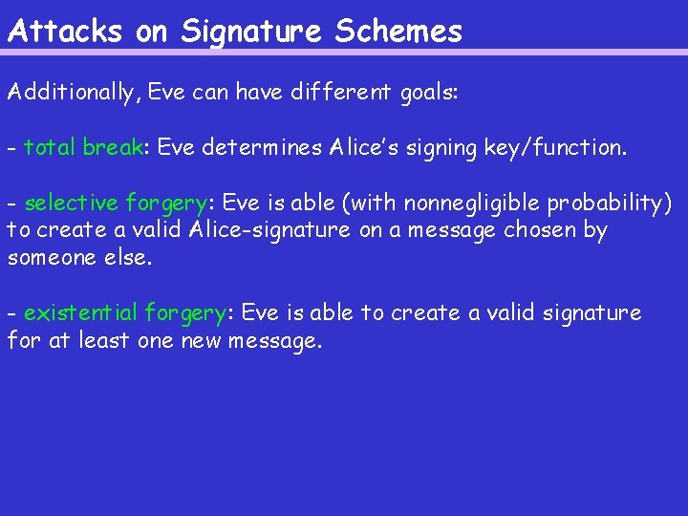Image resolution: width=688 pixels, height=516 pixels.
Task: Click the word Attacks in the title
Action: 65,32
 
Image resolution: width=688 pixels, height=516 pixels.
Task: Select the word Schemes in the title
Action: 398,32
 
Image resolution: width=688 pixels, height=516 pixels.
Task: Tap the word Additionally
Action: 73,94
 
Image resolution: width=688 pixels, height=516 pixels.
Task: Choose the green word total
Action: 49,148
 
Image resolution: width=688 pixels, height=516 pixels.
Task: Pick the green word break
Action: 112,148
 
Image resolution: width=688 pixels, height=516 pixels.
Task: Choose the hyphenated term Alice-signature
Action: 269,230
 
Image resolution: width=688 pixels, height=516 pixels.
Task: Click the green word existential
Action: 81,313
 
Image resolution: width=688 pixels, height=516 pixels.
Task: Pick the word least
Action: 104,340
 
